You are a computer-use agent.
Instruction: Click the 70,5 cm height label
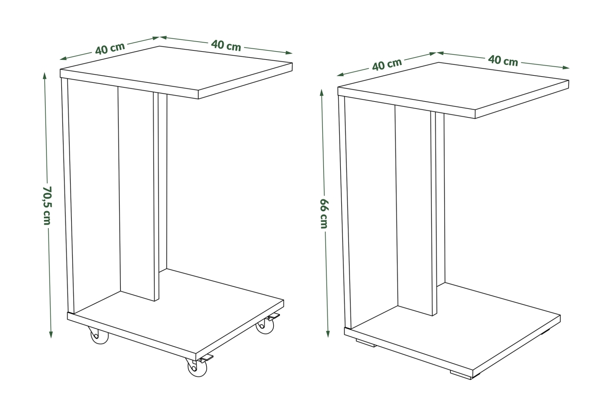47,206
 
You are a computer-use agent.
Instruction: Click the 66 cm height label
324,214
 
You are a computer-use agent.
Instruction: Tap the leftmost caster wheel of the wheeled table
99,335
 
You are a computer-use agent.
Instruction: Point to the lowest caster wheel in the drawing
197,367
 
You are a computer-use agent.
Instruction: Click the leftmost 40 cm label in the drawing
110,49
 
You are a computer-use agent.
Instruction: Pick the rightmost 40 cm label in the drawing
503,60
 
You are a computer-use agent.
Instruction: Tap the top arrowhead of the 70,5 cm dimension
45,75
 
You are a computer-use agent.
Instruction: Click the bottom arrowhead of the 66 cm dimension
328,334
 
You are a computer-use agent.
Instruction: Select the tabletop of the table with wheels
176,72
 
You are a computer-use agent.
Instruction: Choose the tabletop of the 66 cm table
453,90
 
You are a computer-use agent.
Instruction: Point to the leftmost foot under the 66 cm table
366,343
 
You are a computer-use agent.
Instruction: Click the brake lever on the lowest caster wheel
206,358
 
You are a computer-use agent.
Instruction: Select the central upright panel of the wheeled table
139,194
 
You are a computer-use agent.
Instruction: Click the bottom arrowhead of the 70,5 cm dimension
51,334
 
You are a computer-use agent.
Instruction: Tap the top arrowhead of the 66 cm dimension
321,93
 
